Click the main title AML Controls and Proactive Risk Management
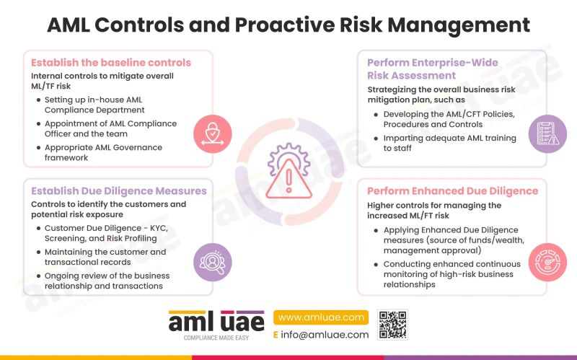[x=288, y=25]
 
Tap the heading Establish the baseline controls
[x=111, y=62]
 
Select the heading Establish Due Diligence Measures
[x=119, y=191]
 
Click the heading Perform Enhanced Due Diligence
[x=452, y=191]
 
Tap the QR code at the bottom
[x=393, y=325]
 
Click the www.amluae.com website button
[x=321, y=317]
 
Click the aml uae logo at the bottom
[x=216, y=321]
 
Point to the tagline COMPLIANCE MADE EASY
[x=216, y=338]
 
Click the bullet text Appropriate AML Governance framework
[x=103, y=152]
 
